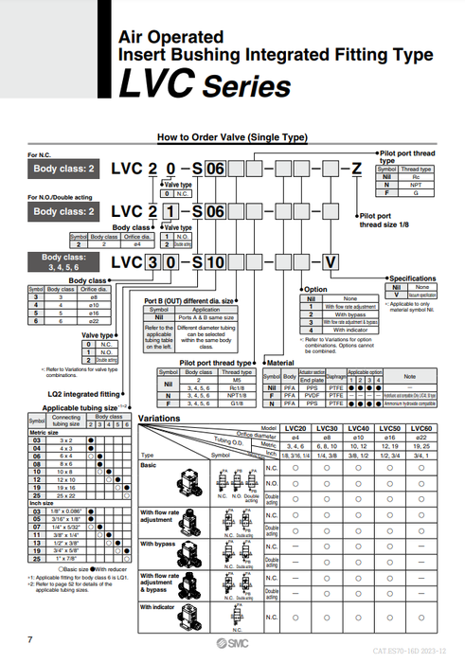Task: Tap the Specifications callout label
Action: [412, 278]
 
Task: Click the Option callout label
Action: [316, 289]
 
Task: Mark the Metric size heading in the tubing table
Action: [44, 434]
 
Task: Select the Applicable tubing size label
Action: [79, 407]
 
